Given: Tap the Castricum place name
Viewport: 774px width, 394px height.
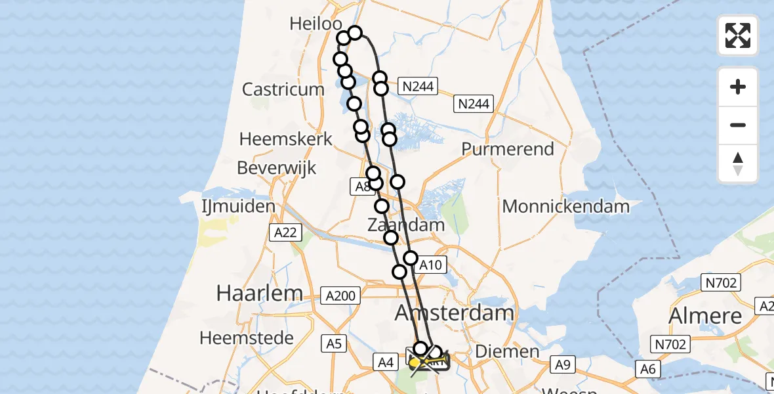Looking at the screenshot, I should click(x=283, y=89).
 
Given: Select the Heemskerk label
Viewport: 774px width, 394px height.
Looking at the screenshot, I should click(x=286, y=139).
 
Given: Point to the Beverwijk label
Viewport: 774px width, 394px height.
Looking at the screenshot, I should click(x=277, y=167).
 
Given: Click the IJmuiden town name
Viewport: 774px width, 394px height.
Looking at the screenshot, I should click(x=238, y=207).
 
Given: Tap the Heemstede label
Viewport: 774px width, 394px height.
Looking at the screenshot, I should click(x=246, y=338).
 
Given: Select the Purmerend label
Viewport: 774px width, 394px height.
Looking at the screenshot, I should click(x=508, y=149).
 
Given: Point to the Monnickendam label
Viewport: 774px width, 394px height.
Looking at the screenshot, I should click(x=565, y=207).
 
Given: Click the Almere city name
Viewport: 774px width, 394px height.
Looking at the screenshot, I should click(x=705, y=316).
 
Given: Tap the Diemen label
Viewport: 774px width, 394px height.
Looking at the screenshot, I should click(x=506, y=351).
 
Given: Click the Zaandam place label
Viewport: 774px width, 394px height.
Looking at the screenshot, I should click(x=406, y=225).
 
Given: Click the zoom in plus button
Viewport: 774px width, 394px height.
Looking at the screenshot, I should click(x=738, y=87).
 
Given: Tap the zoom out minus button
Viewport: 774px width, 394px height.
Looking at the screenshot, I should click(x=738, y=125).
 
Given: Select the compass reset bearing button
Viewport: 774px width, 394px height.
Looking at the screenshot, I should click(x=738, y=164).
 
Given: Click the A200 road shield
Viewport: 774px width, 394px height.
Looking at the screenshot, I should click(x=341, y=296).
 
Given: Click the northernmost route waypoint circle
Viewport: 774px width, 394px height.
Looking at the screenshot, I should click(x=354, y=33).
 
